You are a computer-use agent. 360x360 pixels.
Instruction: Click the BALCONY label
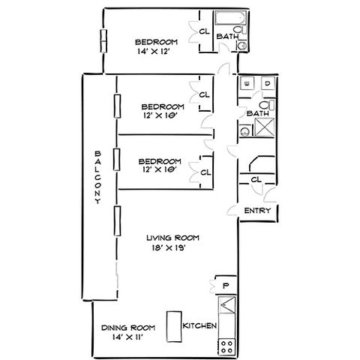point(98,177)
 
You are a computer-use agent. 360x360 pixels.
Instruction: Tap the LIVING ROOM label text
point(173,238)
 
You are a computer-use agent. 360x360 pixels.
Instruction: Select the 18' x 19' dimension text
point(169,247)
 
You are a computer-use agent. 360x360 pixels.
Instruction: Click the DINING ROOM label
point(128,328)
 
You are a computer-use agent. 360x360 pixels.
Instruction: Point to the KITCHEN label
point(199,325)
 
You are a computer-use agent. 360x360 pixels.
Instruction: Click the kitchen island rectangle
point(174,326)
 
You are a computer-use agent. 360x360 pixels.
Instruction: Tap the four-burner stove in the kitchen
point(226,346)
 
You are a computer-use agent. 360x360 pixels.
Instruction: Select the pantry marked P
point(226,286)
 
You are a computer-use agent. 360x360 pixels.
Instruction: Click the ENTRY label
point(257,211)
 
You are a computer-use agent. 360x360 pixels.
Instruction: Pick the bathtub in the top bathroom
point(230,18)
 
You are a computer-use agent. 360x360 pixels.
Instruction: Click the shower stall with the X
point(264,127)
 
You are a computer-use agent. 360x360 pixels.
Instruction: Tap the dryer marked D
point(268,83)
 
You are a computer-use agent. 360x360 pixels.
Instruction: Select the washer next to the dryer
point(247,83)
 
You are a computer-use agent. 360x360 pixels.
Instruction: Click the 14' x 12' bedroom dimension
point(154,52)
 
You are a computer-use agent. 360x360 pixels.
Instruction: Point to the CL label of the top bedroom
point(204,31)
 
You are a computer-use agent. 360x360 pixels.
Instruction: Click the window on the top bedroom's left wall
point(103,41)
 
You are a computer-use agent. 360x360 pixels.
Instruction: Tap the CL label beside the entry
point(256,179)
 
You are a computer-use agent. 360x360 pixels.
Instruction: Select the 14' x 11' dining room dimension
point(127,337)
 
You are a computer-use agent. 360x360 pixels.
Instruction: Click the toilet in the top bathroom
point(241,30)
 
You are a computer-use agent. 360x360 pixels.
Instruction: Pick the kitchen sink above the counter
point(227,304)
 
